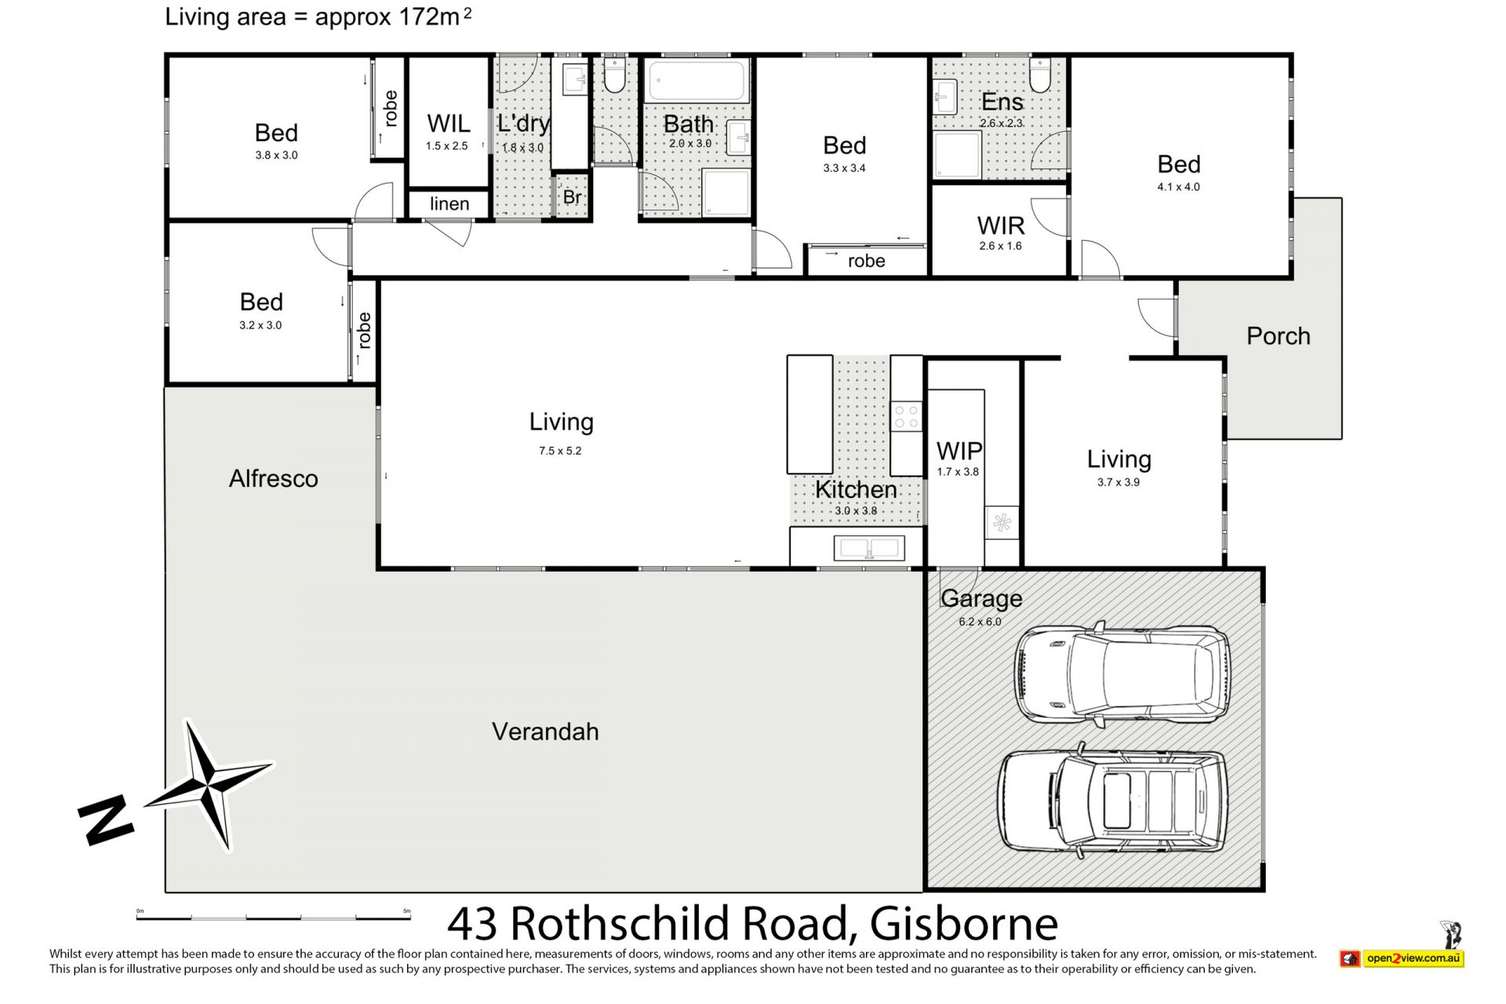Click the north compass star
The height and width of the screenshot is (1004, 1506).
pyautogui.click(x=209, y=784)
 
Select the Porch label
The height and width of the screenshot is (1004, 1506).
pyautogui.click(x=1279, y=336)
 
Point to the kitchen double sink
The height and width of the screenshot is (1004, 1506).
pyautogui.click(x=869, y=547)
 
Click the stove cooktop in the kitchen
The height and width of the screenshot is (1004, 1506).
pyautogui.click(x=908, y=416)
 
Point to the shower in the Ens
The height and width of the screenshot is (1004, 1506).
pyautogui.click(x=957, y=155)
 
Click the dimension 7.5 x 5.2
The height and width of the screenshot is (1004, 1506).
pyautogui.click(x=560, y=451)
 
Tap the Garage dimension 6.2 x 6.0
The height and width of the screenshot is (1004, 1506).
pyautogui.click(x=980, y=622)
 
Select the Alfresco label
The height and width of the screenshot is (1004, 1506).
pyautogui.click(x=274, y=478)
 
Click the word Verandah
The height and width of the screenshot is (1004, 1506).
pyautogui.click(x=545, y=732)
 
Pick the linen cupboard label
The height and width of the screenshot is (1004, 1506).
pyautogui.click(x=449, y=204)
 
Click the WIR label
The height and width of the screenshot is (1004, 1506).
pyautogui.click(x=1001, y=226)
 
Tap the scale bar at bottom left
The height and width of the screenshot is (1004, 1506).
pyautogui.click(x=274, y=917)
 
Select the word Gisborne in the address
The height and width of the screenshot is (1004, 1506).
pyautogui.click(x=964, y=924)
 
